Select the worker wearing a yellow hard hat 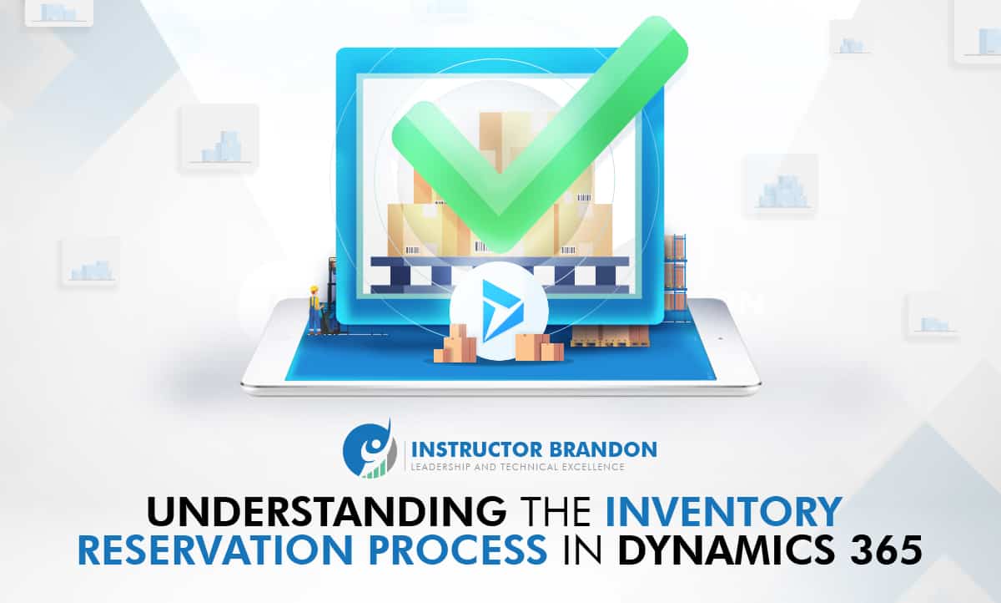coord(314,310)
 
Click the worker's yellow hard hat coord(314,291)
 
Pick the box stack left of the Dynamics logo coord(455,344)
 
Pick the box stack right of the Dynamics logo coord(539,345)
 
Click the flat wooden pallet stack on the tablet coord(609,337)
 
